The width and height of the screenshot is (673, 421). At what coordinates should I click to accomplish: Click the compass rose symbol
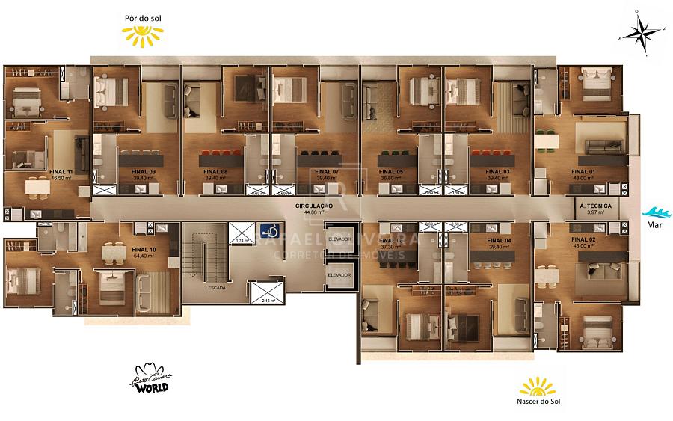[x=640, y=31]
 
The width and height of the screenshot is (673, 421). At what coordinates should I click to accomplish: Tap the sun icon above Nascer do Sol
[x=538, y=386]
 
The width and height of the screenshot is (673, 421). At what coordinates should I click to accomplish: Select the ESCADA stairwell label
[x=218, y=286]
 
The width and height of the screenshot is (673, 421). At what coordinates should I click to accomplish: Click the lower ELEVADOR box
[x=339, y=274]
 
